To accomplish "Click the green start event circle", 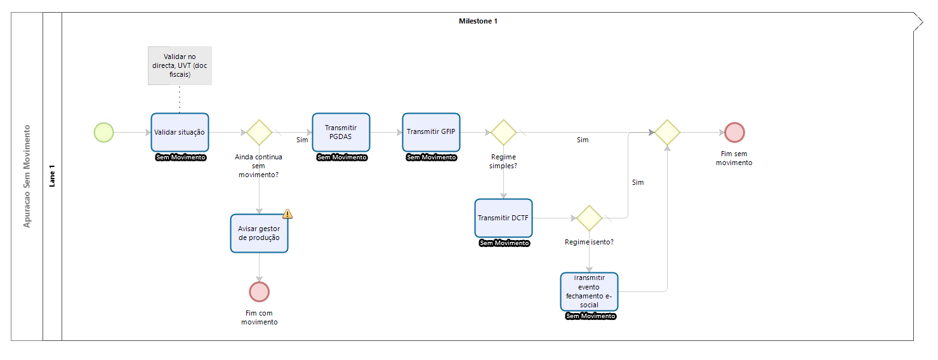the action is tap(104, 133).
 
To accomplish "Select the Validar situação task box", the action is tap(180, 133).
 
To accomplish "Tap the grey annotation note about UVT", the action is tap(180, 65).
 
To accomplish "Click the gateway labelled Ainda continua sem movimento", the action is tap(259, 133).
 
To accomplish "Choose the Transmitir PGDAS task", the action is tap(341, 133).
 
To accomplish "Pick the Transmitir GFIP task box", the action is tap(431, 133).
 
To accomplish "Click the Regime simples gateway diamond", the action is tap(503, 133).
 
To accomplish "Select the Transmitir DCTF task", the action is tap(503, 218).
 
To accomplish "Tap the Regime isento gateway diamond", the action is tap(589, 218).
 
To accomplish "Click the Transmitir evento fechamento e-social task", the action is tap(589, 291).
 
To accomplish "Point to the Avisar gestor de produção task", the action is tap(259, 234).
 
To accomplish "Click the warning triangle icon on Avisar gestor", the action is tap(287, 214).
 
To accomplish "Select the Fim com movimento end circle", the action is tap(259, 291).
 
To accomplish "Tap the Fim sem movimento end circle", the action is tap(734, 133).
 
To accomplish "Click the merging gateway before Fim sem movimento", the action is tap(667, 133).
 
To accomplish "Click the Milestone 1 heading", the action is tap(478, 21).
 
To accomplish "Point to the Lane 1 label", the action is tap(52, 176).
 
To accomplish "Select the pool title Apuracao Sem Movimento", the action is tap(27, 176).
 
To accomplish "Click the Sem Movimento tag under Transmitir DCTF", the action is tap(504, 243).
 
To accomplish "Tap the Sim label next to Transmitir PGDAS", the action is tap(302, 140).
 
